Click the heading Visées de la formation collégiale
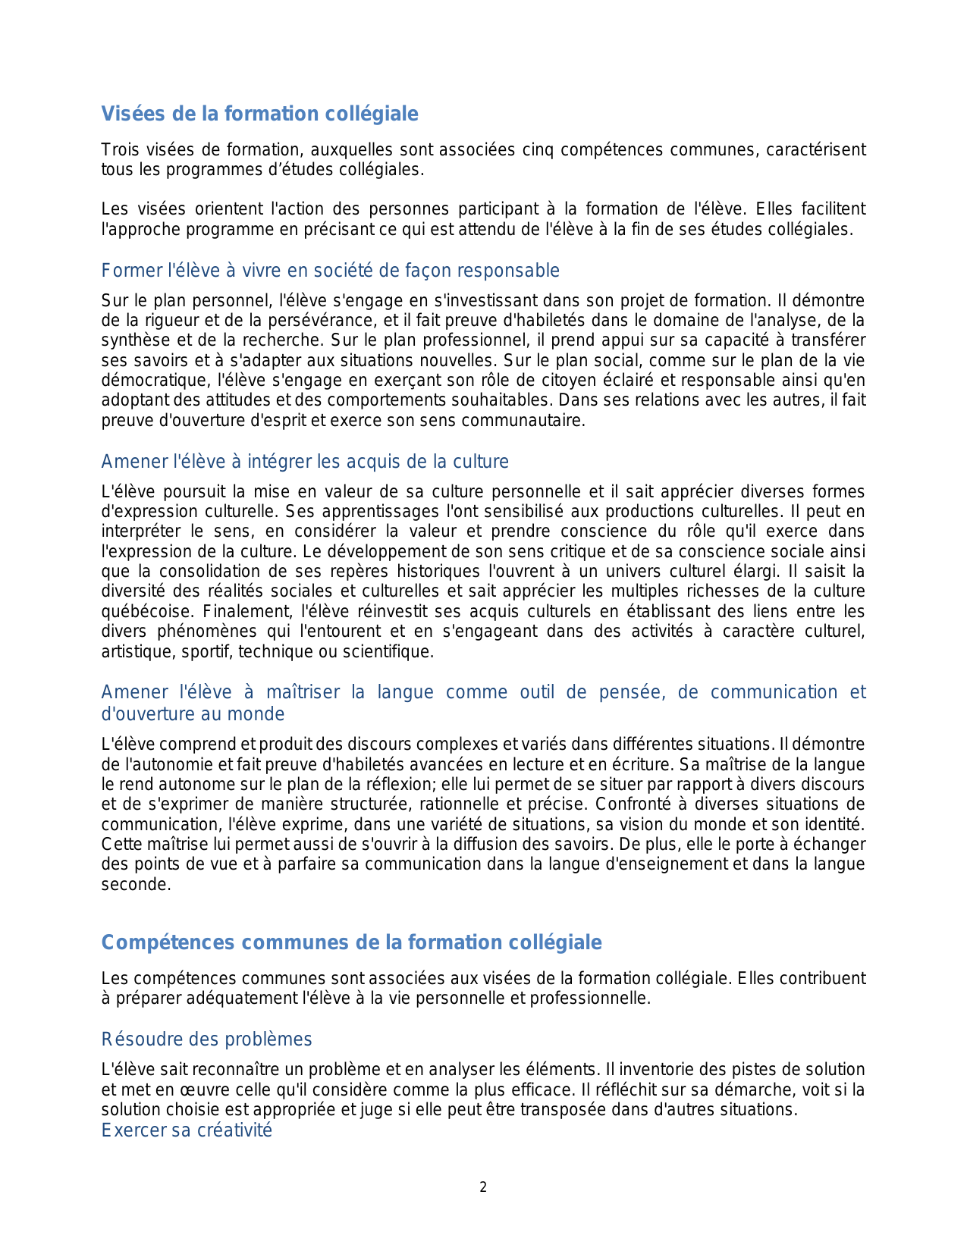259,114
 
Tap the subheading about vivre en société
330,271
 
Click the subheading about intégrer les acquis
305,462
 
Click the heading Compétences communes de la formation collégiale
351,942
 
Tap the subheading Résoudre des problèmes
206,1039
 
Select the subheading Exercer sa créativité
187,1130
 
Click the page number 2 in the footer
483,1187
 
